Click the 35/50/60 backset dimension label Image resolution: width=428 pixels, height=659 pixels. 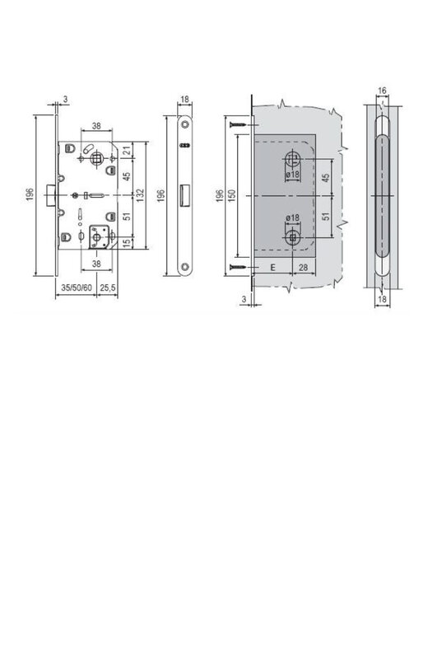coord(77,287)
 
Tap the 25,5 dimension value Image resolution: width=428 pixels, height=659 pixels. coord(108,287)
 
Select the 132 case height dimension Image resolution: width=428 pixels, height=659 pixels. coord(140,195)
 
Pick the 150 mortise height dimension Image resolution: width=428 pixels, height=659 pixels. coord(231,195)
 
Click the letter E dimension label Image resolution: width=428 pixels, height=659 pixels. coord(272,267)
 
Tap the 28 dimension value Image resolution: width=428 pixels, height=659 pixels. coord(303,267)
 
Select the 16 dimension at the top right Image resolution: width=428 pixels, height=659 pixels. coord(382,91)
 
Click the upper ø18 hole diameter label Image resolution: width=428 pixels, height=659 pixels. coord(292,174)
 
